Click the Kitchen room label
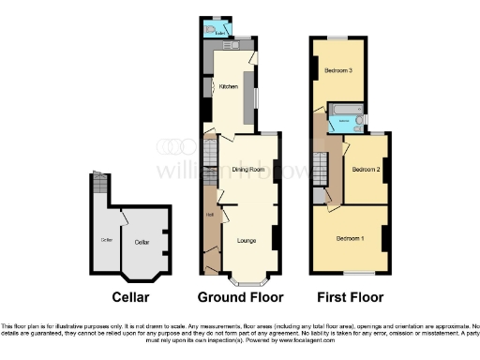(x=229, y=87)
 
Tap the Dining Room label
(x=243, y=169)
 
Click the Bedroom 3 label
(x=337, y=71)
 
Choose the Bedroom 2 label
(x=365, y=170)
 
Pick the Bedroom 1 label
(x=351, y=239)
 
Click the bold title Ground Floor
(x=240, y=298)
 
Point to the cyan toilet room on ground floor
(x=221, y=30)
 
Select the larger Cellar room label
(x=142, y=243)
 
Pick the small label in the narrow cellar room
(x=106, y=241)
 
